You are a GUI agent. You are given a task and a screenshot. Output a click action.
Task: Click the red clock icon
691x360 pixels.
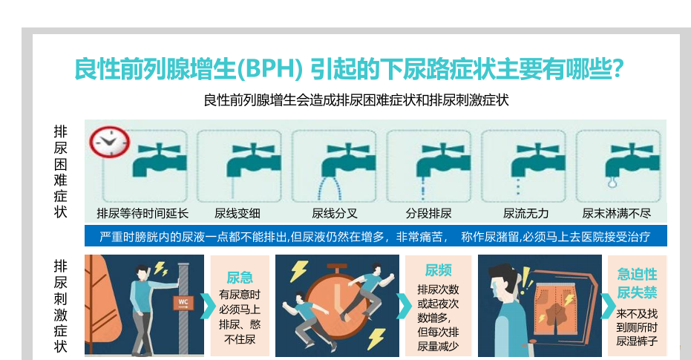click(109, 142)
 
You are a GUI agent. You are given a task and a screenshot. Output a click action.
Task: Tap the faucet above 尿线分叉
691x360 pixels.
click(348, 159)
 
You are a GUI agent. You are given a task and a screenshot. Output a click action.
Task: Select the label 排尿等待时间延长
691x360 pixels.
click(143, 214)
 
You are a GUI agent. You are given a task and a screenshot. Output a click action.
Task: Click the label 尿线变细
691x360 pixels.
click(237, 214)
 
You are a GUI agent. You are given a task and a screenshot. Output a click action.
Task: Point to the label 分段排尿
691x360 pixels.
click(428, 214)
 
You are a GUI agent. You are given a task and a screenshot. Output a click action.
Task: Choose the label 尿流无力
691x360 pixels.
click(525, 214)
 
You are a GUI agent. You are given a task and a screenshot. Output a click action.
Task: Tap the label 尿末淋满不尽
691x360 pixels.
click(616, 214)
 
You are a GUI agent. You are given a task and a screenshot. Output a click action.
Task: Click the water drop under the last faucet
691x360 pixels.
click(612, 182)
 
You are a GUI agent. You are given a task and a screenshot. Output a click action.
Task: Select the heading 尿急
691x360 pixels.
click(240, 278)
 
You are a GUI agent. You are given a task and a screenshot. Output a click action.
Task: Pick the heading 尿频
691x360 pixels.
click(438, 270)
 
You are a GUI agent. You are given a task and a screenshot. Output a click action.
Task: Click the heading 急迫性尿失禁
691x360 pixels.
click(637, 283)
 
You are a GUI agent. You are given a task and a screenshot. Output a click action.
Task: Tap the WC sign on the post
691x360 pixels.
click(183, 302)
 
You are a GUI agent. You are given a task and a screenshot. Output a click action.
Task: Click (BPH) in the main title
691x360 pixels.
click(269, 69)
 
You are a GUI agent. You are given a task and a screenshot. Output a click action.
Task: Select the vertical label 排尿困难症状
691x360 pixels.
click(60, 171)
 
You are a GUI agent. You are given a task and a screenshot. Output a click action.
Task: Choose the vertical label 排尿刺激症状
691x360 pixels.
click(60, 307)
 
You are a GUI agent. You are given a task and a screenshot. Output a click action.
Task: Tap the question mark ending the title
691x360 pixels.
click(618, 68)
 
